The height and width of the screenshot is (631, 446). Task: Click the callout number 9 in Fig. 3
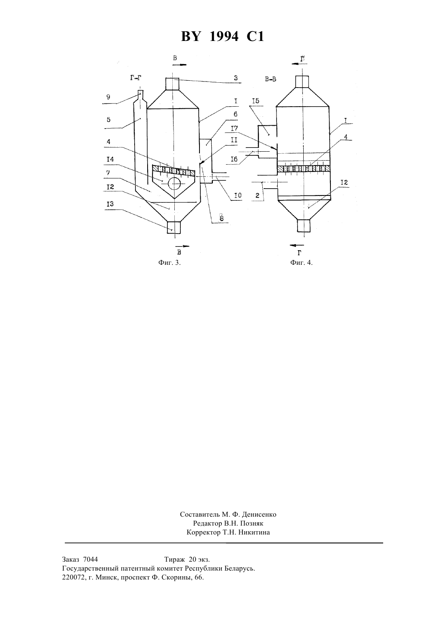(108, 97)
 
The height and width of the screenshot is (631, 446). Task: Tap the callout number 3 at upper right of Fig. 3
(236, 78)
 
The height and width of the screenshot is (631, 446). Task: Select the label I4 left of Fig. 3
(110, 159)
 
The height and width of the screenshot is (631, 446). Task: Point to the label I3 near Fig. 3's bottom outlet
(110, 204)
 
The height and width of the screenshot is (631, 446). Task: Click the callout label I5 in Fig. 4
(256, 101)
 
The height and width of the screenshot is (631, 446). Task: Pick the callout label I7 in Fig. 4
(234, 129)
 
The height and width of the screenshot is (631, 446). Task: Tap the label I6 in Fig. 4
(234, 159)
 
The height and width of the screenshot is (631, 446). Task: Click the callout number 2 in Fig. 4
(257, 195)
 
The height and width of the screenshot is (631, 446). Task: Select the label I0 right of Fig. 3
(238, 195)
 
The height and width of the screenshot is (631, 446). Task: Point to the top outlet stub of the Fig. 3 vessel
(172, 84)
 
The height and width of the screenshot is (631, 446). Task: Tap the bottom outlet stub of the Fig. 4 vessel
(304, 225)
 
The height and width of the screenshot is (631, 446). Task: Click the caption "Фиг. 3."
(169, 263)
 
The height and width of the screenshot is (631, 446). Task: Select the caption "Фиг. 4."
(301, 263)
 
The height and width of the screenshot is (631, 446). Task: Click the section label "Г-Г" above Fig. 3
(135, 78)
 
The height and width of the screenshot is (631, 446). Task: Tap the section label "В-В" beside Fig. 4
(270, 79)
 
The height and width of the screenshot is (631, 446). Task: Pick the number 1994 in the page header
(224, 36)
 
